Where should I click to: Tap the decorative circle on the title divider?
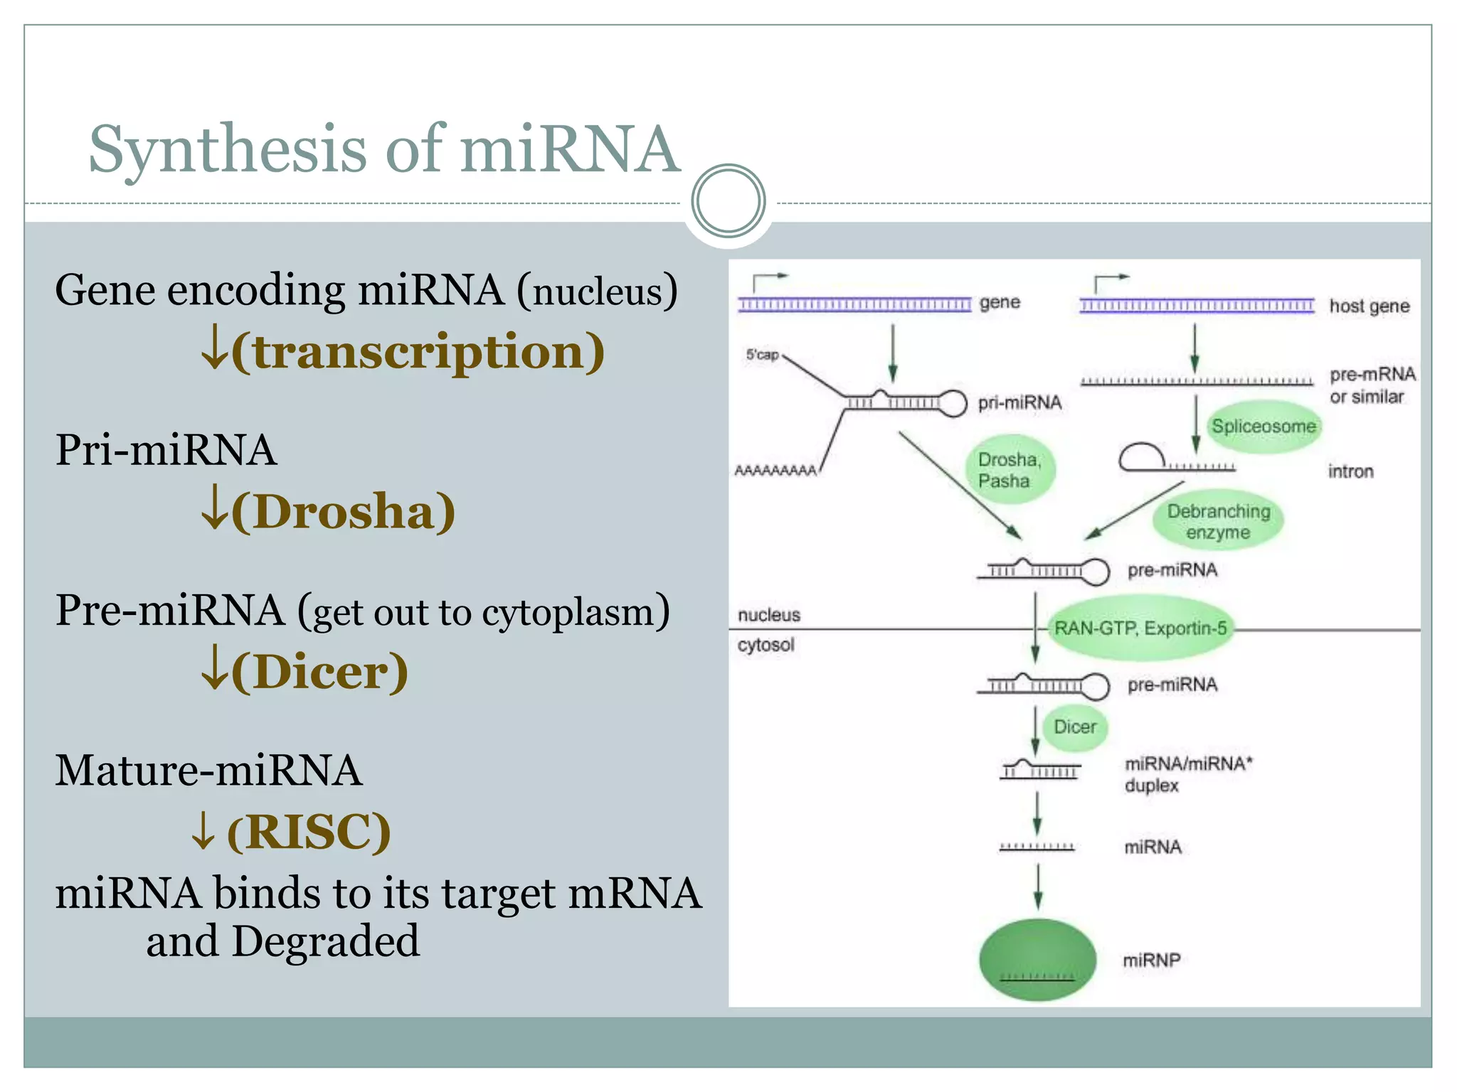click(x=728, y=201)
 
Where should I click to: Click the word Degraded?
click(x=326, y=941)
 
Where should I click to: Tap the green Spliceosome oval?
click(x=1263, y=427)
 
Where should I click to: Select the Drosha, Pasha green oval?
click(x=1010, y=470)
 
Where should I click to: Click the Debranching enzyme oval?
click(x=1218, y=521)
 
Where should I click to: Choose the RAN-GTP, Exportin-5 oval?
click(x=1140, y=628)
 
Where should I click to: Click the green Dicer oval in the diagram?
click(x=1074, y=727)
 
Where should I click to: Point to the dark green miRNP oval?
click(x=1037, y=960)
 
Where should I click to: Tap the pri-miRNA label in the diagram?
click(x=1019, y=403)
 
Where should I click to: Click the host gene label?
click(x=1369, y=306)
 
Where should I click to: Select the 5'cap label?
click(x=762, y=354)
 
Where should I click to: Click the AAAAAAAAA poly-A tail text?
click(x=775, y=471)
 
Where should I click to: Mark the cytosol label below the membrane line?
click(x=765, y=645)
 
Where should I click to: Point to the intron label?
click(x=1350, y=471)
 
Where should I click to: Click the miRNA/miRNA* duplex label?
click(x=1187, y=774)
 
